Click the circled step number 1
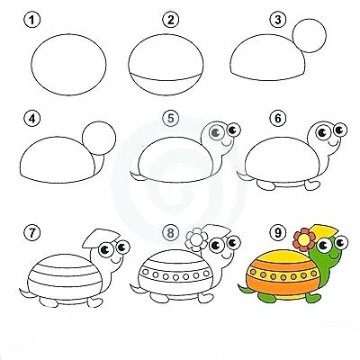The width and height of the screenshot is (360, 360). (x=31, y=21)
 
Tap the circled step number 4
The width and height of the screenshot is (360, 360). (x=31, y=119)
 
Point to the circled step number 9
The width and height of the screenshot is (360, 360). (x=278, y=233)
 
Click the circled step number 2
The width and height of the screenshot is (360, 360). (x=171, y=21)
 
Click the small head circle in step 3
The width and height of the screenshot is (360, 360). (x=310, y=36)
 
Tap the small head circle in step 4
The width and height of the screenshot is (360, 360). (x=99, y=138)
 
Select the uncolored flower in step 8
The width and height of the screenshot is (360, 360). (x=196, y=239)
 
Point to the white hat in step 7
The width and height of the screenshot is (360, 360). (x=102, y=238)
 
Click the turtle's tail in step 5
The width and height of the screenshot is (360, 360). (x=137, y=176)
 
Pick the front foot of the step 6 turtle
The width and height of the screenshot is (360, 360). (x=312, y=184)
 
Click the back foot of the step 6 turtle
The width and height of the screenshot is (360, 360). (x=266, y=185)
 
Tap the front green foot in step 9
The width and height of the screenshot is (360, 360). (x=312, y=298)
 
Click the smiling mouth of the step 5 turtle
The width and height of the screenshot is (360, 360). (x=227, y=142)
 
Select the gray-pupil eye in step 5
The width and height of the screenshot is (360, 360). (x=215, y=132)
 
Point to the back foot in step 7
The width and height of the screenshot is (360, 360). (x=48, y=301)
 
